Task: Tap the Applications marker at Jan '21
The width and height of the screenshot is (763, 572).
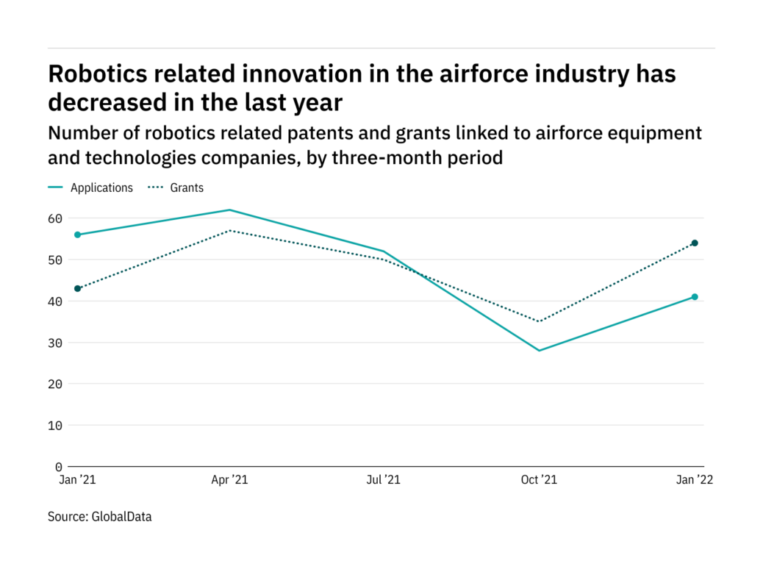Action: coord(77,235)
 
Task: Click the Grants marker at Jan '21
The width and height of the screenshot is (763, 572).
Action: coord(77,288)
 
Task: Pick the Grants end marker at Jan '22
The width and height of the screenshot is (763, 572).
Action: coord(695,243)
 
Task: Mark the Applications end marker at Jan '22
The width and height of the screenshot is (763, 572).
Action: coord(695,297)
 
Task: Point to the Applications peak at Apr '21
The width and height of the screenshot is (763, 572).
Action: coord(231,210)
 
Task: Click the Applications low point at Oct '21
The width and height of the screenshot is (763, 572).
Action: coord(539,351)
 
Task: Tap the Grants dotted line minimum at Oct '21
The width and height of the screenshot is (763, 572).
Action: coord(539,321)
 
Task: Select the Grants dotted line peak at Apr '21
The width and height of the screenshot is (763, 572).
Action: coord(231,231)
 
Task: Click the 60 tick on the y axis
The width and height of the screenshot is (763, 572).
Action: coord(55,218)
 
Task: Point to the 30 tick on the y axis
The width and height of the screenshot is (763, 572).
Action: coord(55,343)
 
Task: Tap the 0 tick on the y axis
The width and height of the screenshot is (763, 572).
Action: coord(58,467)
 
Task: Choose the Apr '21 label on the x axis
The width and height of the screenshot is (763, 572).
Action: coord(231,480)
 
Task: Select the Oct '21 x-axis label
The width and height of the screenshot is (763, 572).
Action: coord(539,480)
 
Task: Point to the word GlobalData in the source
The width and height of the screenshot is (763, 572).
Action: coord(121,517)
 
